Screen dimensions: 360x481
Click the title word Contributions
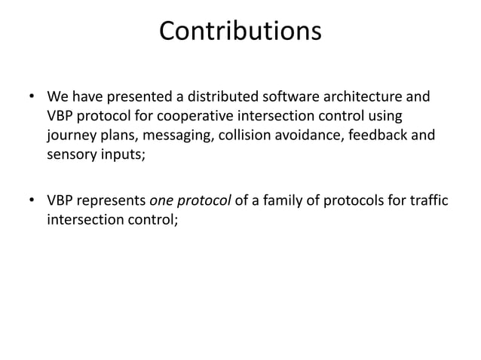click(240, 32)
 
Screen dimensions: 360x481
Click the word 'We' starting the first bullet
click(57, 98)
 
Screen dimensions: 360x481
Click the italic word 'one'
click(163, 201)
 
